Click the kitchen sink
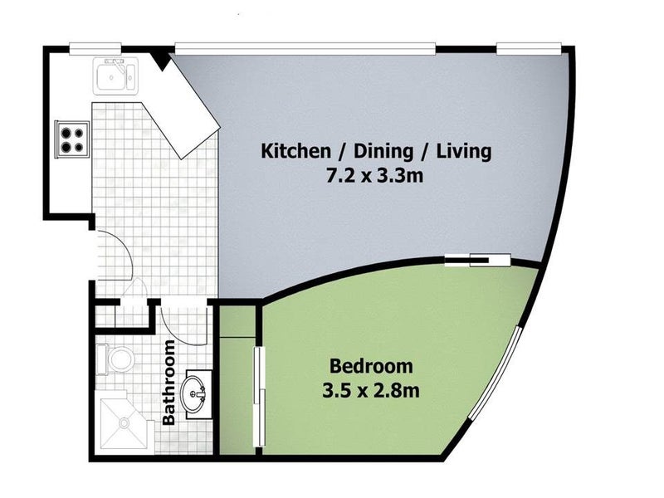pos(115,76)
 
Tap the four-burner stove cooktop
pos(71,139)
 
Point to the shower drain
pos(124,422)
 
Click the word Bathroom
pos(169,382)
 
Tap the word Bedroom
pos(371,366)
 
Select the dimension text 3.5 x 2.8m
pos(371,390)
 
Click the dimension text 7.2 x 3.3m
pos(375,175)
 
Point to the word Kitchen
pos(295,151)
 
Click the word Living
pos(464,151)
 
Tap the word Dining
pos(383,152)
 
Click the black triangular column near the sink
pos(161,60)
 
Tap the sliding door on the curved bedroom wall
pos(478,260)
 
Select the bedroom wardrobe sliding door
pos(258,397)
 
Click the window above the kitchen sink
pos(95,49)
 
